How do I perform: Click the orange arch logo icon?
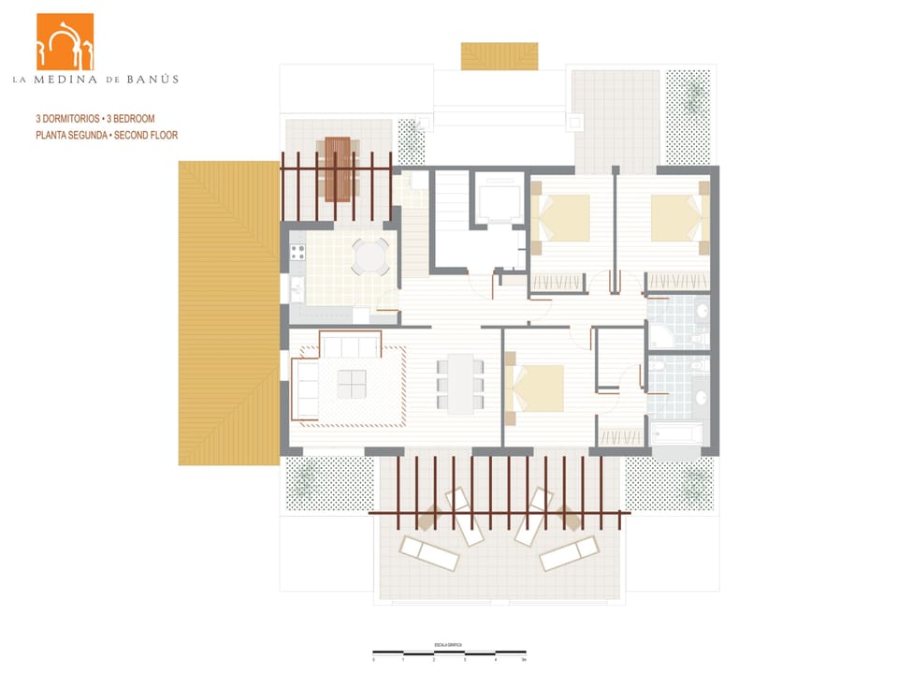tap(65, 41)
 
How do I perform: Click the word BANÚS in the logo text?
tap(154, 80)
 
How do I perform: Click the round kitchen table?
tap(370, 256)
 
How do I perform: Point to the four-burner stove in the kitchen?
tap(298, 252)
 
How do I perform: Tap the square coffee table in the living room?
tap(352, 384)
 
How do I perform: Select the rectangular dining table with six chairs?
tap(460, 383)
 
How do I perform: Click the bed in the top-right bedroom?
tap(676, 217)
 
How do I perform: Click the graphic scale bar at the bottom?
tap(449, 652)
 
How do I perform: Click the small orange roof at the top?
tap(500, 56)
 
